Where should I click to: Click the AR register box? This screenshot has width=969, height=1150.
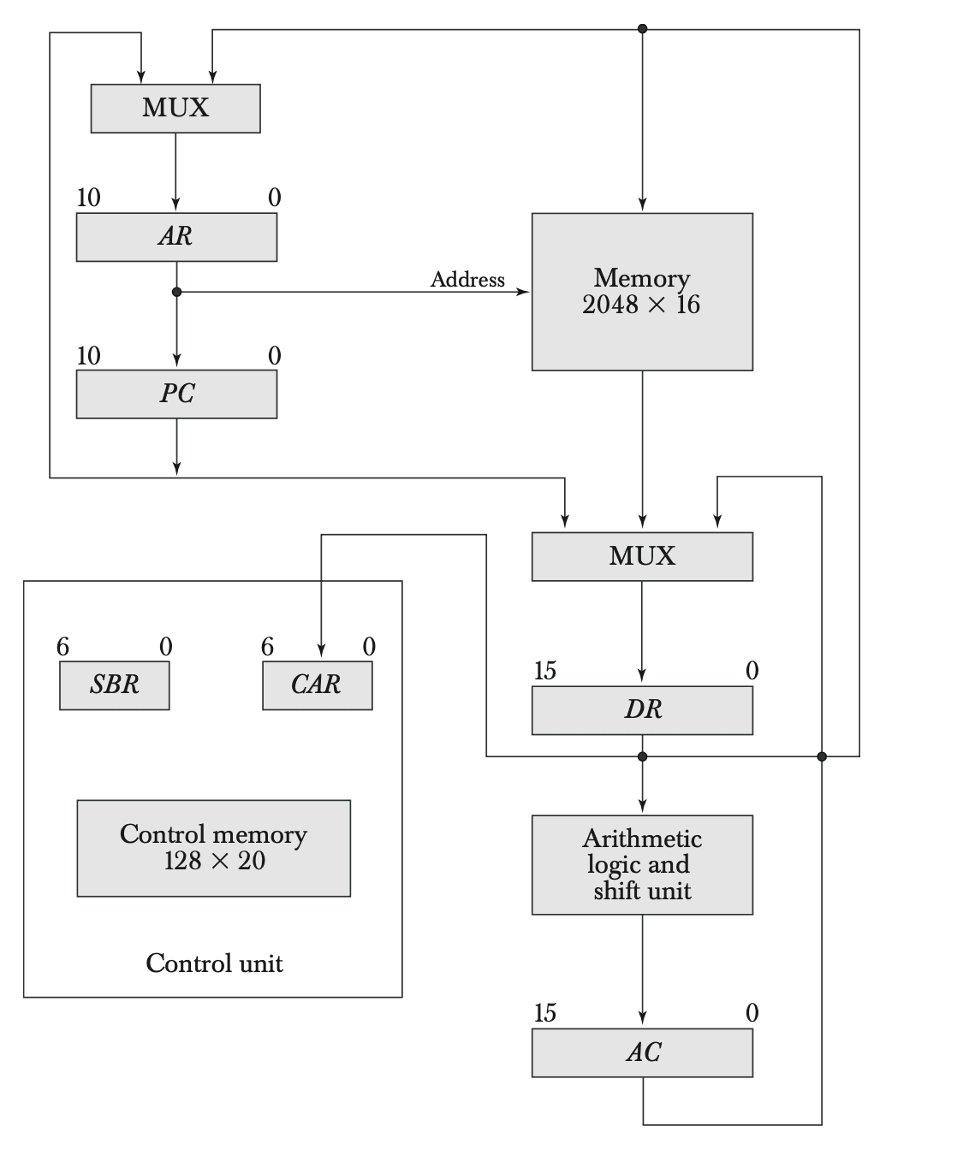point(176,237)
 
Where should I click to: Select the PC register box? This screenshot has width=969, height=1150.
point(176,394)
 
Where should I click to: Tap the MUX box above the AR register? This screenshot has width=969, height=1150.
point(175,109)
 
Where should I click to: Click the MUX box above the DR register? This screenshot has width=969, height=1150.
point(642,556)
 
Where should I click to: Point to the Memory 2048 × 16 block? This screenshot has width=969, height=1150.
point(642,292)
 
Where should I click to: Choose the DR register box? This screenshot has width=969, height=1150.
point(642,710)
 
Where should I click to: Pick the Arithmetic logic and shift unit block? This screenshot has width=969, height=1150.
point(642,864)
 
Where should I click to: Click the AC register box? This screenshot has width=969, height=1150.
point(642,1052)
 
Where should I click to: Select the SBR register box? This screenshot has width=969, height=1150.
point(114,685)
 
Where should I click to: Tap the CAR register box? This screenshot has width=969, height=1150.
point(317,685)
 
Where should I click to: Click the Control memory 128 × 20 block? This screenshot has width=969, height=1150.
point(213,848)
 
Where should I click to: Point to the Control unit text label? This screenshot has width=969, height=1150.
point(214,963)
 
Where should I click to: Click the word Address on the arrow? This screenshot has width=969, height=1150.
point(467,280)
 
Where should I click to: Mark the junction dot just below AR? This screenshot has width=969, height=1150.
point(176,292)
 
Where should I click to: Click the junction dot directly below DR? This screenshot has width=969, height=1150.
point(642,756)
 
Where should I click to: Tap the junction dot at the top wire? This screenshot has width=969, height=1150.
point(642,29)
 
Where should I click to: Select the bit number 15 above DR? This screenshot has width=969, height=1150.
point(545,671)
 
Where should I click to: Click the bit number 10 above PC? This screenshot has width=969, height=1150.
point(88,356)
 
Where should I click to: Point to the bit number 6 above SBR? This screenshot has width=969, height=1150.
point(62,647)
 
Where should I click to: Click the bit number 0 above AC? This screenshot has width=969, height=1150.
point(752,1013)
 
